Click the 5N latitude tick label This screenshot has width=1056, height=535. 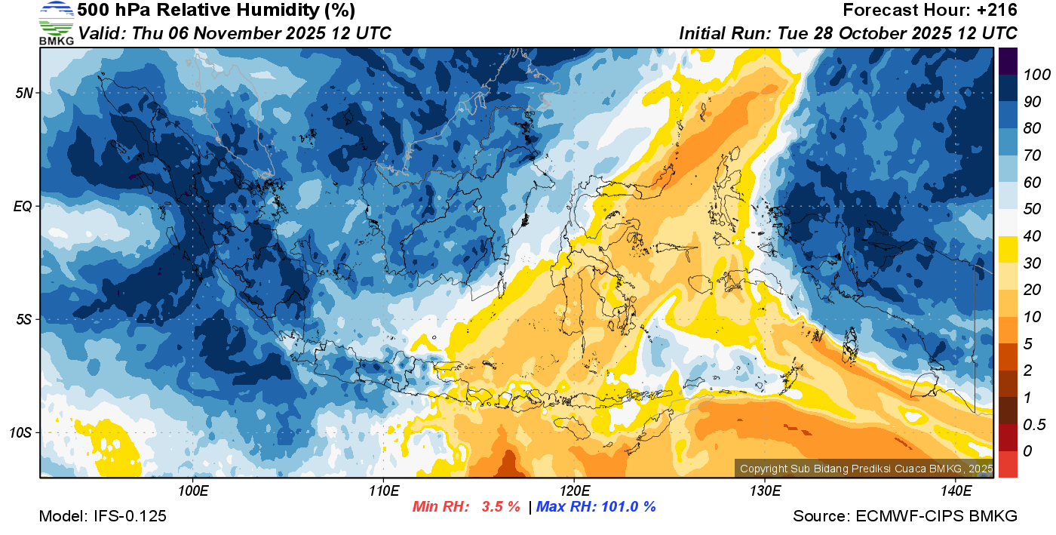click(22, 93)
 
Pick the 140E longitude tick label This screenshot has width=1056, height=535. click(956, 491)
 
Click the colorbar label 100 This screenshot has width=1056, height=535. click(1032, 75)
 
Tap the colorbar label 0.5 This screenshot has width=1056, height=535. click(1032, 424)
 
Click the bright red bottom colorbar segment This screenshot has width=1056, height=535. click(1008, 464)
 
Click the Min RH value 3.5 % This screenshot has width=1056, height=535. click(501, 507)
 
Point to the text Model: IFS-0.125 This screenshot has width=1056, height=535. click(103, 517)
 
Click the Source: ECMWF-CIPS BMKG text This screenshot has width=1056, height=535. click(905, 517)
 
